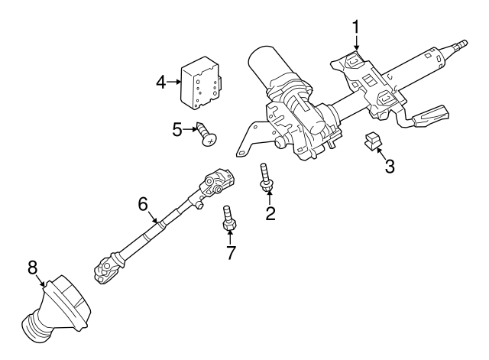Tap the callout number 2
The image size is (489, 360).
(270, 214)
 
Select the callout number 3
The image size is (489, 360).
(390, 166)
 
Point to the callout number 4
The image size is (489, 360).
(161, 83)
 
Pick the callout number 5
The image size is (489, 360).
(177, 129)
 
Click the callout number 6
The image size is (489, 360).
(143, 205)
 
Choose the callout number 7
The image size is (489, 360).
(230, 253)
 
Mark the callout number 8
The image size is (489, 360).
(32, 268)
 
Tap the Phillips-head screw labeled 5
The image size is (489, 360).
(206, 135)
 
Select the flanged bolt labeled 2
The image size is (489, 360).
(265, 177)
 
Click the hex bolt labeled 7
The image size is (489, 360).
(228, 219)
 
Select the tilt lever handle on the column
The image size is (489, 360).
(430, 115)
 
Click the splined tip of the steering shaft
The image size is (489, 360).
(460, 44)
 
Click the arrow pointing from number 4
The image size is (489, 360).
(173, 82)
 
